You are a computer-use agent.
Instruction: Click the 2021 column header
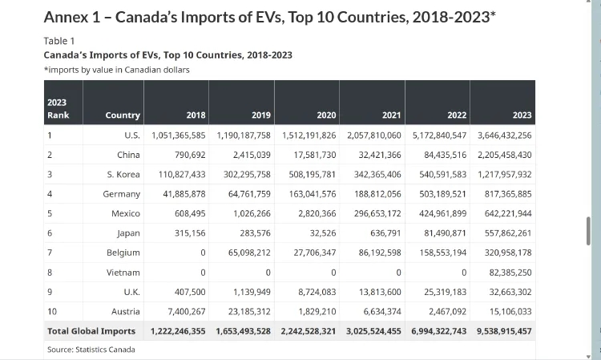391,115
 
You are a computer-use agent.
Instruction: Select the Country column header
123,115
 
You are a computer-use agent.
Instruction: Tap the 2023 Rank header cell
58,109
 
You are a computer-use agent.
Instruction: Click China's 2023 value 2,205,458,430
504,155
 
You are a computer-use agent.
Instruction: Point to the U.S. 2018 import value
179,136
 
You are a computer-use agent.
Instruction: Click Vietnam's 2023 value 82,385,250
510,273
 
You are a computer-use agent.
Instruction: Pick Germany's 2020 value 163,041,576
312,194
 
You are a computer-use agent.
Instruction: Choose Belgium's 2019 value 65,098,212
248,253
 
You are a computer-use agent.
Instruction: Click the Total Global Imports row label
91,331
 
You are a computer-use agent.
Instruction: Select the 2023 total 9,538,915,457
504,331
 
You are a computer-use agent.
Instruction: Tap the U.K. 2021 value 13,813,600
380,292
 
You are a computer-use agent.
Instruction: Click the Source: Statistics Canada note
91,350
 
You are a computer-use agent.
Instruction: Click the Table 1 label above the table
59,41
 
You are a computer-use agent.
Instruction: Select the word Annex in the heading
67,17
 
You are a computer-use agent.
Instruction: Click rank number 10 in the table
52,312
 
